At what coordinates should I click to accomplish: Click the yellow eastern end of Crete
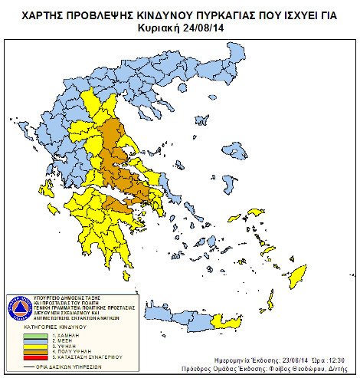pos(224,317)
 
